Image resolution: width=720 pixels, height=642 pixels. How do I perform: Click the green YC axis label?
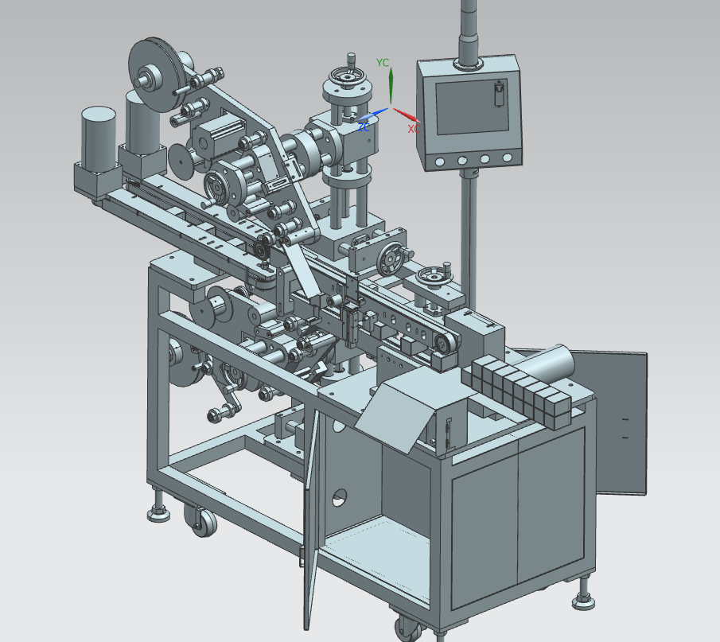(x=383, y=63)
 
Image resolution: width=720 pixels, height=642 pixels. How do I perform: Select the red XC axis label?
(x=414, y=129)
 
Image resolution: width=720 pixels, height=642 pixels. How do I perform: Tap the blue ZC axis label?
(x=364, y=126)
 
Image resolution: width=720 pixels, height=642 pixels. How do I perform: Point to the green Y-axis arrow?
(x=391, y=85)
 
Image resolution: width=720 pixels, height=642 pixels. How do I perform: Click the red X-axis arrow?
(x=407, y=115)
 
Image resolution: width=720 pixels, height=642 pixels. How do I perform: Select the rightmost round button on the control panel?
(x=508, y=158)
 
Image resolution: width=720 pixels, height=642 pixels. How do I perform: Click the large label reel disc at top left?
(x=154, y=75)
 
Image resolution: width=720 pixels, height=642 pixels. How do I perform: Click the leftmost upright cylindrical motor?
(x=99, y=139)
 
